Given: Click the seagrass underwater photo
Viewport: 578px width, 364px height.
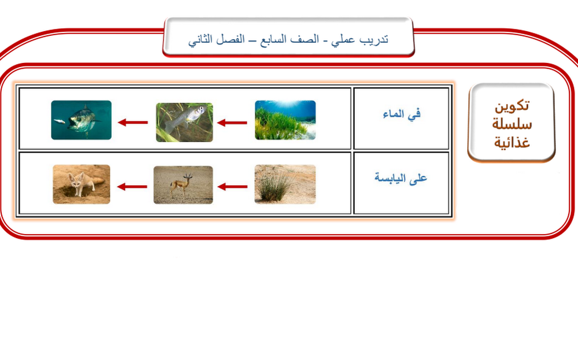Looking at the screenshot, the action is click(286, 120).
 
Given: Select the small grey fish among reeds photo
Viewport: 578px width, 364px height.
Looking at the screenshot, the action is click(184, 122).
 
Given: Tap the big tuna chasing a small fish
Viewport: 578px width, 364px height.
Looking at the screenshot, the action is click(81, 120).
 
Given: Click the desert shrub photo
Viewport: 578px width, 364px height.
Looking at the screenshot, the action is click(285, 184).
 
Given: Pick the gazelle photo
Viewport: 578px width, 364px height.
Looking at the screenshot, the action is click(183, 185).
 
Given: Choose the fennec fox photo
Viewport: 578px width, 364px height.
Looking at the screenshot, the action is click(81, 184).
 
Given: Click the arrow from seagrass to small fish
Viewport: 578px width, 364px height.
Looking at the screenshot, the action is click(232, 122).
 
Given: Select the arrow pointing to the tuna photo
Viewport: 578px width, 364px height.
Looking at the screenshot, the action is click(133, 122).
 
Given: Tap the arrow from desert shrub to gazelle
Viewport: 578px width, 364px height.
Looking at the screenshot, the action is click(232, 187).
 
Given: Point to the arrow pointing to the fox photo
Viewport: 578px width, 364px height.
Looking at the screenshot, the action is click(132, 187).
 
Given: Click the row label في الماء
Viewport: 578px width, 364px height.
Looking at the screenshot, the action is click(402, 114).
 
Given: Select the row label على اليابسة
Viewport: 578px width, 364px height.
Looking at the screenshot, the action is click(401, 177).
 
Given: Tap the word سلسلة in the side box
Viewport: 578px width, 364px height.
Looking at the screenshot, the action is click(512, 124).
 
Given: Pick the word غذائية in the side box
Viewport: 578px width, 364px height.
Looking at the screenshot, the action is click(512, 142).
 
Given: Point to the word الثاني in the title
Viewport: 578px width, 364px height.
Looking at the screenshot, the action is click(202, 39).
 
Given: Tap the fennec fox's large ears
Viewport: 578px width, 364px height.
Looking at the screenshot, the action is click(76, 176).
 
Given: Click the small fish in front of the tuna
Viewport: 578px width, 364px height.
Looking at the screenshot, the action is click(60, 121).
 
